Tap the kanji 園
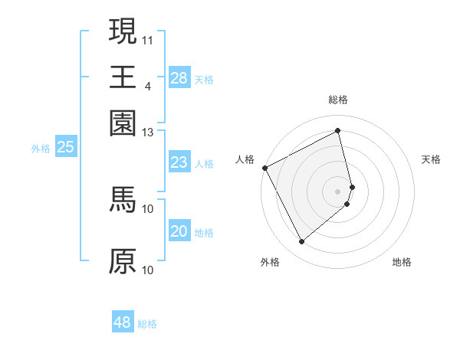(x=123, y=123)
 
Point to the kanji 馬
(x=123, y=201)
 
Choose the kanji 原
(x=123, y=261)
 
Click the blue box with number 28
(x=179, y=78)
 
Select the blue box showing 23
(x=179, y=162)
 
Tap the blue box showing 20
(x=179, y=231)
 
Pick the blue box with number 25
(x=65, y=148)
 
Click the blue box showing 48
(x=123, y=322)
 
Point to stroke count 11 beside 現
(x=148, y=38)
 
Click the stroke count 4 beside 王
(x=148, y=85)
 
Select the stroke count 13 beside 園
(x=148, y=133)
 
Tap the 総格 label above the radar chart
(x=338, y=100)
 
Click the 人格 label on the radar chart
(x=245, y=159)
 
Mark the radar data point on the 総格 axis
(x=338, y=131)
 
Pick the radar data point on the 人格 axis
(x=264, y=168)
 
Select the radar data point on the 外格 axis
(x=301, y=242)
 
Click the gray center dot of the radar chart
(x=338, y=191)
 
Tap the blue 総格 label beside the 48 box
(x=147, y=324)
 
